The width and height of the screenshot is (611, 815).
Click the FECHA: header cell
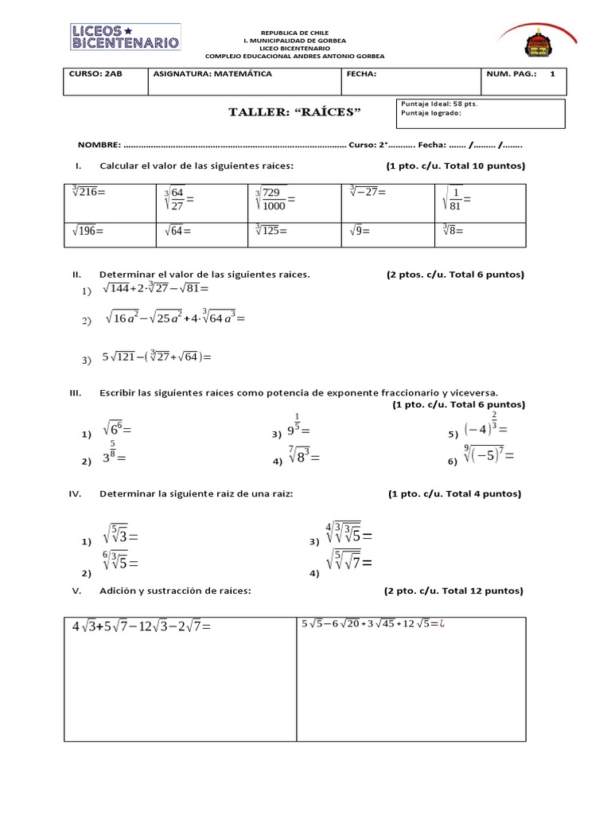[x=408, y=81]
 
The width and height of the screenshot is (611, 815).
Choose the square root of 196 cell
[x=108, y=234]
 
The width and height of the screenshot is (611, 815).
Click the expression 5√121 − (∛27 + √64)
[x=158, y=357]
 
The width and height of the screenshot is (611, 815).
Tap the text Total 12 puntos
[x=486, y=591]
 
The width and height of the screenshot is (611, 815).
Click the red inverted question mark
[x=444, y=624]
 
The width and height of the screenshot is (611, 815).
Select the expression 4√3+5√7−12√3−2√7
[x=141, y=627]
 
